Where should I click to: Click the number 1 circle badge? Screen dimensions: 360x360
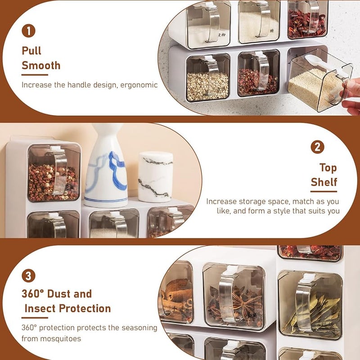point(28,31)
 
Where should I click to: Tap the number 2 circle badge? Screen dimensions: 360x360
point(318,147)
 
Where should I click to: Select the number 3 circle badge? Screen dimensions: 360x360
point(28,275)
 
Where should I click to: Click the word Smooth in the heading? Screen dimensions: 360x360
point(41,66)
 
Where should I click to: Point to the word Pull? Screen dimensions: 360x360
point(31,51)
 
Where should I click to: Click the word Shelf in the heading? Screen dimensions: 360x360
point(324,183)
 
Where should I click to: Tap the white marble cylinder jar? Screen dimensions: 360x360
point(155,176)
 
